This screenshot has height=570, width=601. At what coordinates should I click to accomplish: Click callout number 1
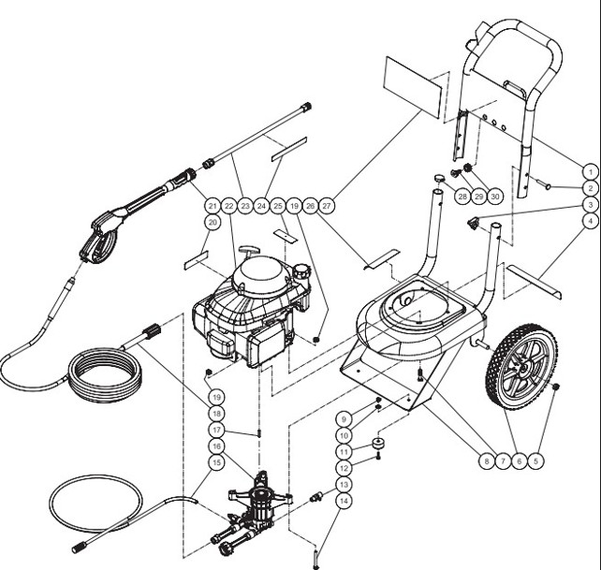click(589, 170)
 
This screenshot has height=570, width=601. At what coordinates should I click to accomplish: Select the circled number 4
click(589, 221)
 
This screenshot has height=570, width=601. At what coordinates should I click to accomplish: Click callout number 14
click(344, 502)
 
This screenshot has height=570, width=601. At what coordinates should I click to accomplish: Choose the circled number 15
click(217, 461)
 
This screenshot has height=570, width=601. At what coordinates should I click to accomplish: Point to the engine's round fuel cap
click(300, 272)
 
